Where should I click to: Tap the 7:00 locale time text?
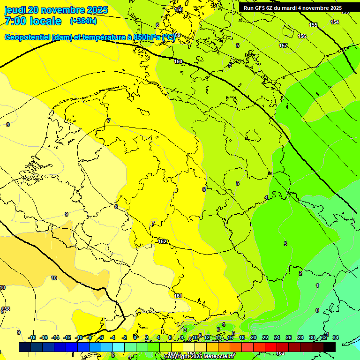click(x=33, y=21)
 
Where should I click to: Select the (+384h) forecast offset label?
click(x=83, y=21)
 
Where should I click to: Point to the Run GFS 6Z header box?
click(x=292, y=8)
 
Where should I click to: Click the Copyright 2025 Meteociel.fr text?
click(x=198, y=356)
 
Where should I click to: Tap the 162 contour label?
click(x=162, y=241)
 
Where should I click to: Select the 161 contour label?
click(x=178, y=296)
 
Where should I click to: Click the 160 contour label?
click(x=178, y=61)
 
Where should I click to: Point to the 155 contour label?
click(x=313, y=25)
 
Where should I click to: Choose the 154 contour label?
click(x=335, y=22)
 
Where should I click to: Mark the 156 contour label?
click(x=302, y=36)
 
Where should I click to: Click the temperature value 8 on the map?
click(x=116, y=206)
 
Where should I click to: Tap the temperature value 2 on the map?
click(x=300, y=273)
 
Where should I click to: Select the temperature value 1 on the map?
click(x=317, y=285)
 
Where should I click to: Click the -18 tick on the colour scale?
click(x=32, y=337)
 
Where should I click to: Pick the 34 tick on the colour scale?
click(x=335, y=337)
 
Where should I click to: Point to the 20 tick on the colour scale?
click(x=254, y=337)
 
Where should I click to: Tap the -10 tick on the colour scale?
click(x=79, y=337)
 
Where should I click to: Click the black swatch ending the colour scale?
click(x=330, y=347)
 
